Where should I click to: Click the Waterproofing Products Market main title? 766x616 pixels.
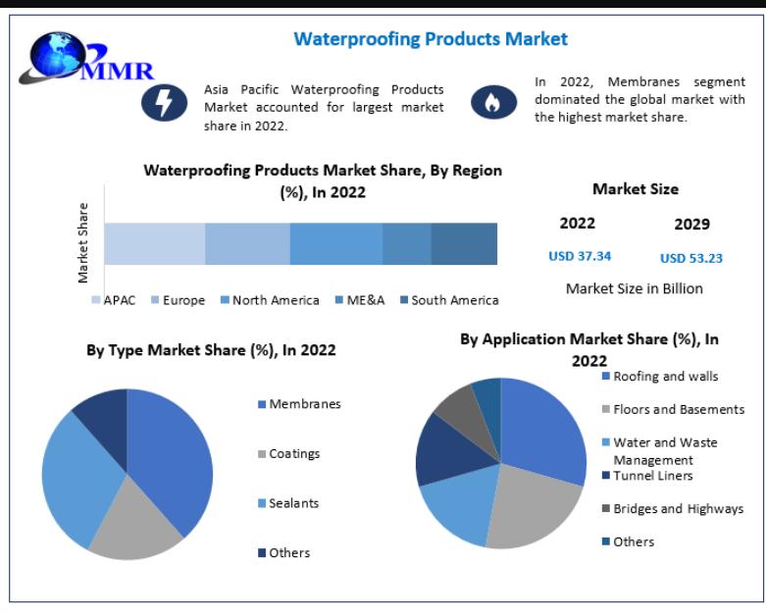click(431, 39)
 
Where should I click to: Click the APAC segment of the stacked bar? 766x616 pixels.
click(154, 243)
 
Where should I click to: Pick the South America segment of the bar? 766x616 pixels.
click(464, 243)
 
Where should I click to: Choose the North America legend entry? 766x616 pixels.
click(269, 300)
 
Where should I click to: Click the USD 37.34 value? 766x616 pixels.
click(580, 256)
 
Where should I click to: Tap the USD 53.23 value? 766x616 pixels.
click(691, 258)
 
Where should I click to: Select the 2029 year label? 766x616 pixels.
click(691, 224)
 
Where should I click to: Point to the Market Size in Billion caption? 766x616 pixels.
click(635, 288)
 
